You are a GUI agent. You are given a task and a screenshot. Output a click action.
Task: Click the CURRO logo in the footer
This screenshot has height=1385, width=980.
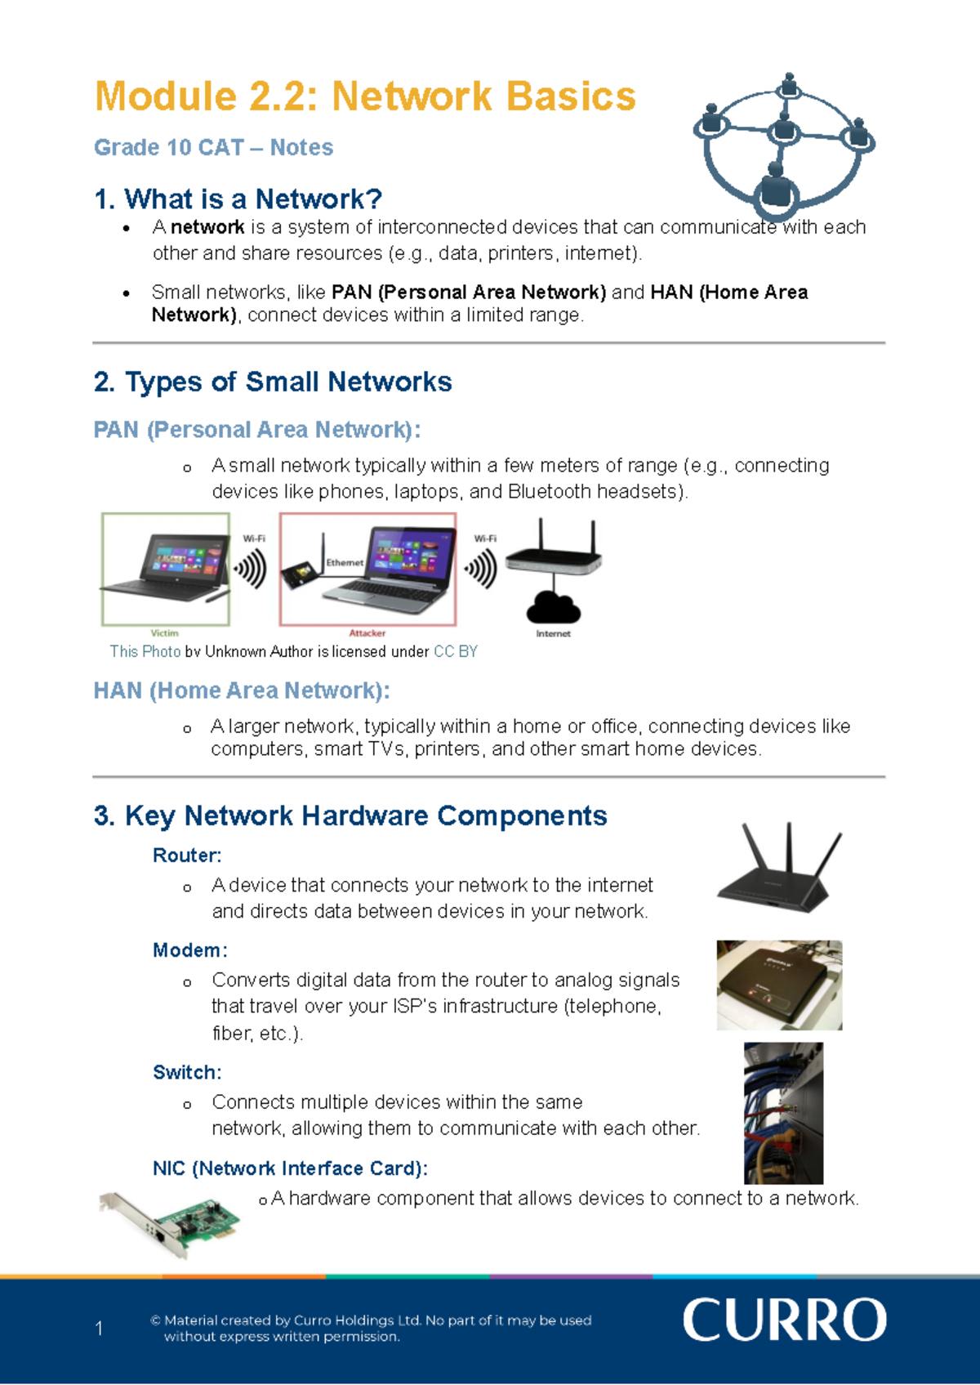click(x=785, y=1320)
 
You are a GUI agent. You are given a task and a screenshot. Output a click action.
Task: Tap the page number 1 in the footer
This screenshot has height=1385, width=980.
click(x=99, y=1328)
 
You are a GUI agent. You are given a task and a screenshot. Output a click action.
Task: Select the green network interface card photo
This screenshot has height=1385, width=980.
click(x=169, y=1225)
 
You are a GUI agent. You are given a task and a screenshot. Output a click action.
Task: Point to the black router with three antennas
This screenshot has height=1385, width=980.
click(x=779, y=866)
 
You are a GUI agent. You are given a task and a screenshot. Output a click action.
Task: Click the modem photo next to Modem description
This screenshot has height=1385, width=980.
click(x=779, y=985)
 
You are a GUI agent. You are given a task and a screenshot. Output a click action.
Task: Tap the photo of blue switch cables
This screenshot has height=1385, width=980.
click(x=783, y=1114)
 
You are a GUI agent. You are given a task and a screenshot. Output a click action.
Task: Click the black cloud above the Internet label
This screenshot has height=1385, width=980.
click(x=553, y=606)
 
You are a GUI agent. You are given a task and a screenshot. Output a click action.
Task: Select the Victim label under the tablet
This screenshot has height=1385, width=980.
click(x=164, y=633)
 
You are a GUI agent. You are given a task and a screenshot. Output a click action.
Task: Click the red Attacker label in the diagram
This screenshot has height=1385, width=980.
click(x=367, y=633)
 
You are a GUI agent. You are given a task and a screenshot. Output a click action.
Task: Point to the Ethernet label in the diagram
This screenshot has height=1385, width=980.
click(x=345, y=563)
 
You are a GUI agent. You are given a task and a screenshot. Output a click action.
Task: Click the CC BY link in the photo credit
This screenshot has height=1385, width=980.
click(x=456, y=652)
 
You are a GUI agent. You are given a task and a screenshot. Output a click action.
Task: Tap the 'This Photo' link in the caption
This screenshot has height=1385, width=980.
click(x=145, y=652)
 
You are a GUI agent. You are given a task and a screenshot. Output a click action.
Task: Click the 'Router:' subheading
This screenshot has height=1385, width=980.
click(x=187, y=856)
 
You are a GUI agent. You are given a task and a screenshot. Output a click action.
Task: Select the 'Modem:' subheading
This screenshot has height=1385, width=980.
click(x=190, y=950)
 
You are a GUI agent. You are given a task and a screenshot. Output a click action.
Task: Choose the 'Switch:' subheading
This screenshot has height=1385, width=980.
click(x=187, y=1072)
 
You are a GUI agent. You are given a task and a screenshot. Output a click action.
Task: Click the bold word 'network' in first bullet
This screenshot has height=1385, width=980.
click(x=207, y=227)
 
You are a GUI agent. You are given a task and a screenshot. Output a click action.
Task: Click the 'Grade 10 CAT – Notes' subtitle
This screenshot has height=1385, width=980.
click(x=213, y=148)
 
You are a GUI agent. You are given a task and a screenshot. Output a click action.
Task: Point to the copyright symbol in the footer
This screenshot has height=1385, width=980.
click(x=156, y=1320)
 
